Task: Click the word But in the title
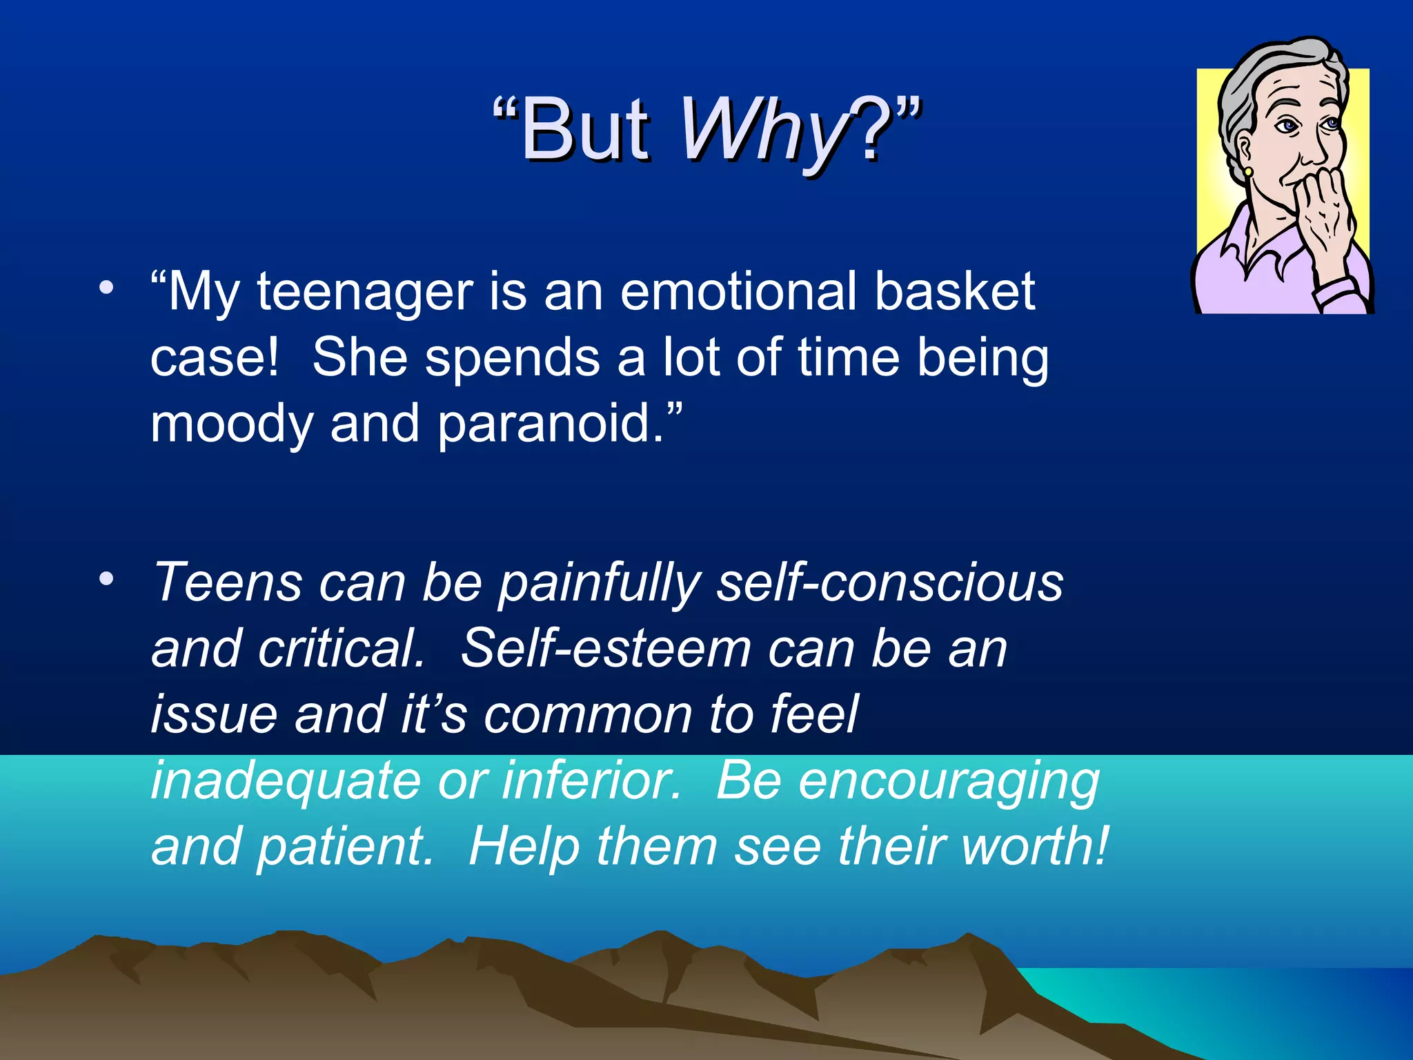585,130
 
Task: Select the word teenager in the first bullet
364,293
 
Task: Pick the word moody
232,424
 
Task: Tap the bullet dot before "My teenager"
105,288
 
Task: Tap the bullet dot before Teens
105,580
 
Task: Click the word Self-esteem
606,649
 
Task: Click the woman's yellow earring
1248,171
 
